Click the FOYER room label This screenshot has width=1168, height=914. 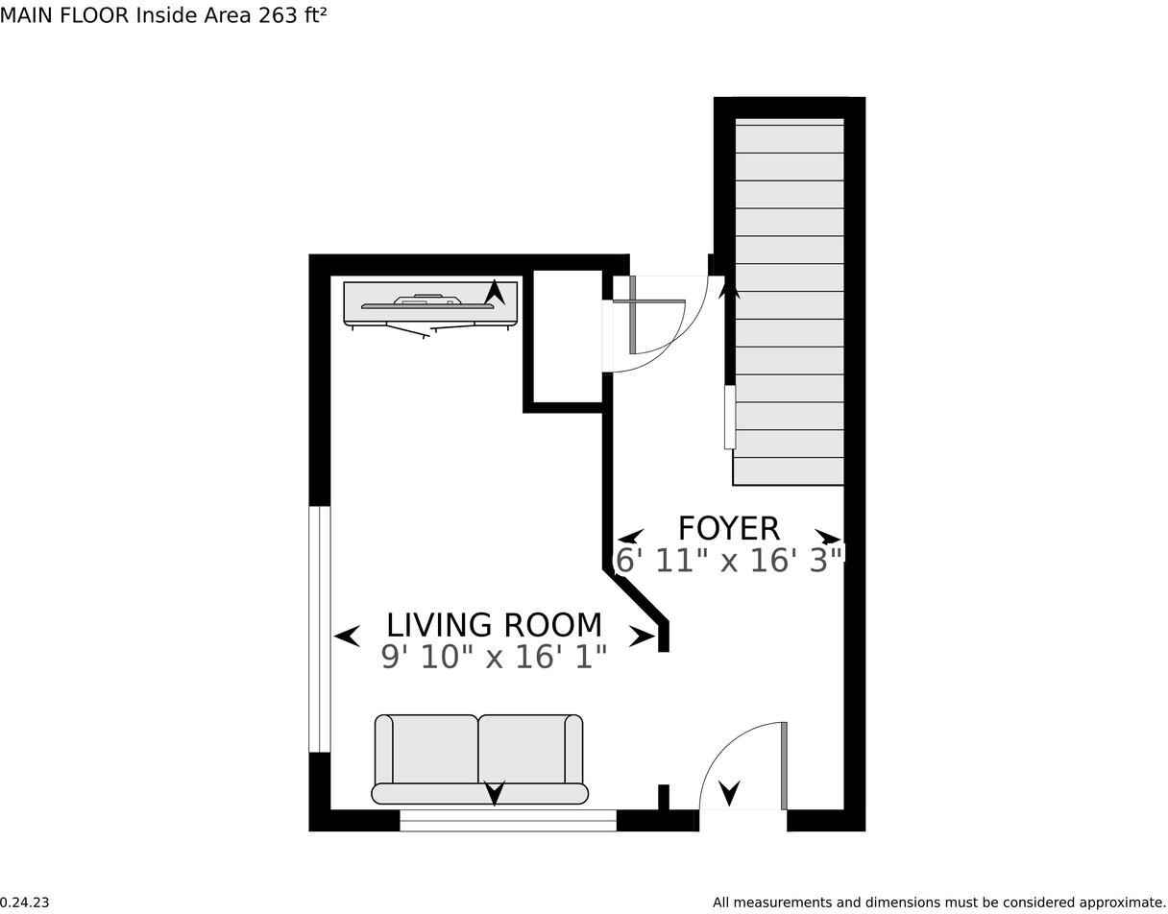728,529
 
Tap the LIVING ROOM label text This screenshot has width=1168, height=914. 494,625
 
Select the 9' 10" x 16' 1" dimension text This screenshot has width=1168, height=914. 494,657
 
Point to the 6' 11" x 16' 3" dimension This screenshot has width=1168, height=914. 729,561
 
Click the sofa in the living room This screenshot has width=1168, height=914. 479,758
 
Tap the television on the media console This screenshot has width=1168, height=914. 427,302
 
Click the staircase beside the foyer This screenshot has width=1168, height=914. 789,301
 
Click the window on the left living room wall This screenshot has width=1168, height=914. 319,629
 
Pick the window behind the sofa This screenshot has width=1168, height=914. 508,820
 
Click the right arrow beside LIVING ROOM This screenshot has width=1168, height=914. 643,637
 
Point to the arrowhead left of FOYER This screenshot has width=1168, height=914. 630,537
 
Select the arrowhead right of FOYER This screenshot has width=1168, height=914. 828,537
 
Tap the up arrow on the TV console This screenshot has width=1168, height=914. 495,292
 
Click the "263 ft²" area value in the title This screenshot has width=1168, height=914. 292,15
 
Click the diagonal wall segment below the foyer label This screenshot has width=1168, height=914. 637,598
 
